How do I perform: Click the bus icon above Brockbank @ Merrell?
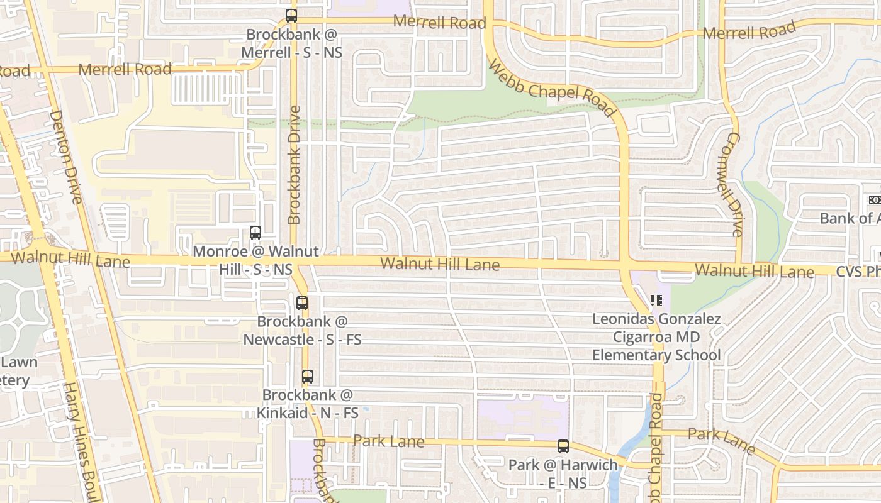tap(291, 16)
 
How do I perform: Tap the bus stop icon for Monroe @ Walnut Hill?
tap(255, 233)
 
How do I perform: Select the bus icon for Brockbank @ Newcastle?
tap(302, 303)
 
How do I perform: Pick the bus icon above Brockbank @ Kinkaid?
tap(307, 377)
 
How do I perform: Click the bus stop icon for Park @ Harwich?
tap(563, 446)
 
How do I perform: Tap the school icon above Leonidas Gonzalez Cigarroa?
tap(656, 301)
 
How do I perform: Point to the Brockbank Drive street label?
tap(294, 165)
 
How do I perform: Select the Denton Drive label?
tap(65, 157)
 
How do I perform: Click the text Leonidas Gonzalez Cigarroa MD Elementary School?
tap(656, 337)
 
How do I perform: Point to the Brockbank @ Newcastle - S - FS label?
tap(302, 330)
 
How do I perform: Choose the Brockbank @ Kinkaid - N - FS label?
tap(307, 404)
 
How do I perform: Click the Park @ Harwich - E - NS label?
tap(563, 473)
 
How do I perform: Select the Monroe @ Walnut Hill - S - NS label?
tap(255, 260)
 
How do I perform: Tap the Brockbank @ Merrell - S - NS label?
tap(294, 43)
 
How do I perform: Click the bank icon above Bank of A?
tap(875, 200)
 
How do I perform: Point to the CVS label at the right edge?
tap(858, 272)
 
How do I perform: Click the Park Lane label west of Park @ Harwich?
tap(389, 441)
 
